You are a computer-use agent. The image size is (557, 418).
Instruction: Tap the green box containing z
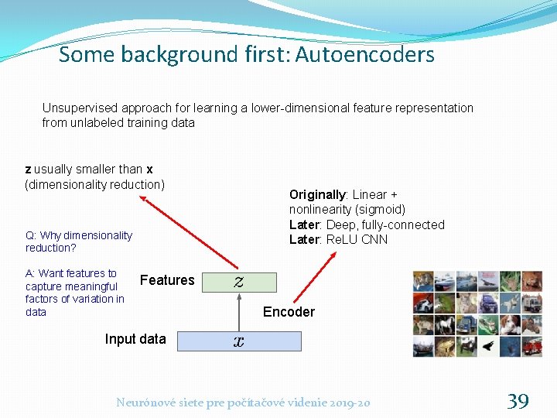tap(239, 282)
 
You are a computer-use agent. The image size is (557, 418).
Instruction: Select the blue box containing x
tap(239, 341)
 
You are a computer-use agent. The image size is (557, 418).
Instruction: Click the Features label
tap(167, 280)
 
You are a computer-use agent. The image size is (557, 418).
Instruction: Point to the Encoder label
tap(289, 312)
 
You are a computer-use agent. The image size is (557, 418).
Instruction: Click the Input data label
tap(135, 339)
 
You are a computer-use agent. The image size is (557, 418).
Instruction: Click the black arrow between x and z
tap(239, 311)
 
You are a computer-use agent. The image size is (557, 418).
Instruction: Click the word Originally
tap(317, 194)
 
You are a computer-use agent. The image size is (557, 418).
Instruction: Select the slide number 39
tap(518, 401)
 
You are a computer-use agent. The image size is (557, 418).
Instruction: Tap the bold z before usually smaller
tap(29, 170)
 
